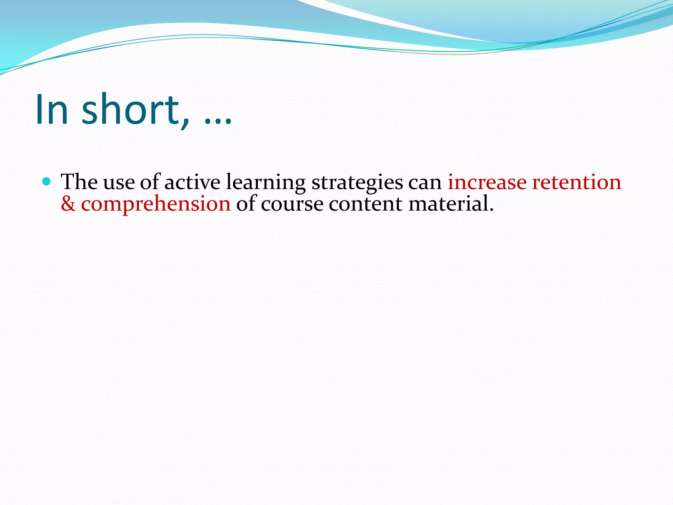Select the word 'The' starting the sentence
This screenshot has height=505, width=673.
point(79,182)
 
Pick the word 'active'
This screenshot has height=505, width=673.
point(192,182)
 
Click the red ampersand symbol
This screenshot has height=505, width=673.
point(68,204)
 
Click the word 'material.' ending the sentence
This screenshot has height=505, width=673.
point(451,204)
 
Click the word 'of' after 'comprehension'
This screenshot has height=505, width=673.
point(245,203)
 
